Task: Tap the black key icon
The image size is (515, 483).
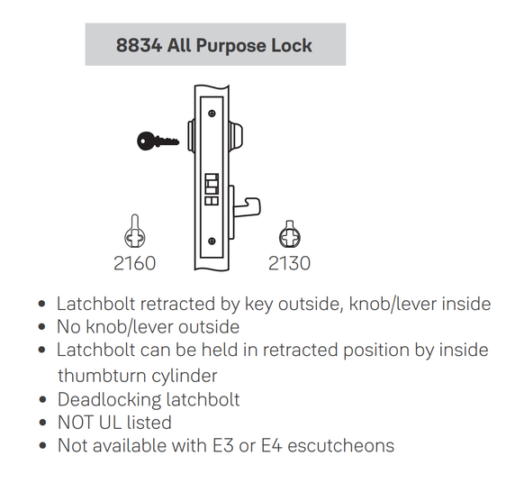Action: (x=157, y=140)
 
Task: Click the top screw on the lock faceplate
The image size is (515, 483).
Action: (x=210, y=114)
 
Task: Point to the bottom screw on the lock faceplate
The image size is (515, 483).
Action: (x=210, y=241)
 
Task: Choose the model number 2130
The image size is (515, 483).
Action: (x=289, y=264)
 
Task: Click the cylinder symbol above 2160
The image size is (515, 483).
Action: (x=133, y=232)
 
